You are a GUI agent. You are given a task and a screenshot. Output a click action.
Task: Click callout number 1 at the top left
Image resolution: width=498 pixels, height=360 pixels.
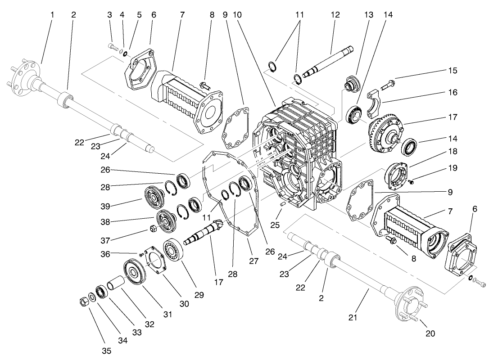pos(52,15)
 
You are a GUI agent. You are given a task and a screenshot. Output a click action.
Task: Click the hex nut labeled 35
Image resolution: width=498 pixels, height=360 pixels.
pos(83,300)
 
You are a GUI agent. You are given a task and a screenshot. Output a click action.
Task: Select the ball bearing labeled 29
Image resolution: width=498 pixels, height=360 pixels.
pos(174,248)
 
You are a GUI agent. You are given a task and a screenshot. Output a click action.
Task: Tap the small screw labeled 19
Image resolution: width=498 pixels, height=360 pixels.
pos(411,181)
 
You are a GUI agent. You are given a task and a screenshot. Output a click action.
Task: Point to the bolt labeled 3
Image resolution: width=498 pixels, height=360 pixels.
pos(112,45)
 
